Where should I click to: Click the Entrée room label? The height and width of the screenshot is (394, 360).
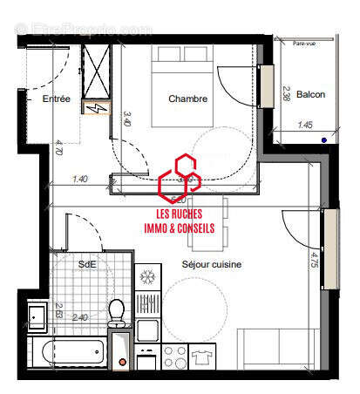[56, 99]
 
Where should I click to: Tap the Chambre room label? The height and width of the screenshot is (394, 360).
[189, 99]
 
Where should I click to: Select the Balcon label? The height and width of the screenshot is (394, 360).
[310, 94]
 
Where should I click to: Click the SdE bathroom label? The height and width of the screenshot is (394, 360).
[87, 264]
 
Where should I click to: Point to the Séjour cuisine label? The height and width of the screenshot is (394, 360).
[212, 264]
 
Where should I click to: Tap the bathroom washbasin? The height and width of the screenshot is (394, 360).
[37, 315]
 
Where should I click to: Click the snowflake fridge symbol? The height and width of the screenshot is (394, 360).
[147, 278]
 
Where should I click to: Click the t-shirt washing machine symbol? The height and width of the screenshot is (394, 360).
[201, 357]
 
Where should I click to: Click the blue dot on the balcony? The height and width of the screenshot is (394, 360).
[323, 139]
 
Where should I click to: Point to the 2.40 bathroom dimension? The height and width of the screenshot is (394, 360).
[80, 317]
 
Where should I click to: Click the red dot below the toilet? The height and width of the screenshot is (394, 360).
[122, 361]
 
